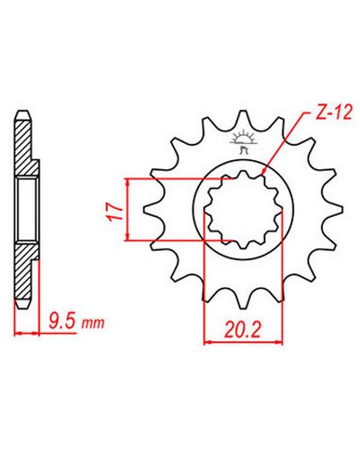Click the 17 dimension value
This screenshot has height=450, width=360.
coord(116,212)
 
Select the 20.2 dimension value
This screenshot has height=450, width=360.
coord(242,329)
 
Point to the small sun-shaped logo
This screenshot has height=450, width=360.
coord(243,142)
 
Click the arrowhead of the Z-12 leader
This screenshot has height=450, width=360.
coord(264,172)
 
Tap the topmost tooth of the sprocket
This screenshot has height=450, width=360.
coord(243,120)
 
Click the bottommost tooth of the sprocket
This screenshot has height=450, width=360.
coord(243,299)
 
